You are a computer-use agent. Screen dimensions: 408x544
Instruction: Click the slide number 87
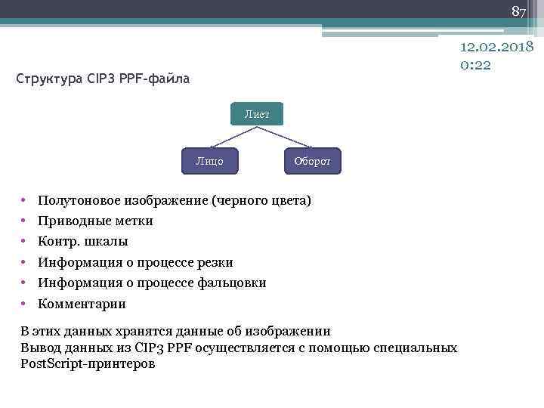pos(518,12)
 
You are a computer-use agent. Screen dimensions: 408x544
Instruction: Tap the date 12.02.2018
pos(497,48)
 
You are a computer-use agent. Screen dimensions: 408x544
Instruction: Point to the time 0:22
pos(475,65)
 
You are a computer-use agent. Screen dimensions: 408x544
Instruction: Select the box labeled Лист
pos(256,114)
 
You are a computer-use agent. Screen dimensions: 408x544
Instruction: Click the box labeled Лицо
pos(209,161)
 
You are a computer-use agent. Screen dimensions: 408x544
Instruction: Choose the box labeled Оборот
pos(312,162)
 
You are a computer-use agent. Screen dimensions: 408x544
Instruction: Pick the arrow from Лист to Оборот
pos(286,137)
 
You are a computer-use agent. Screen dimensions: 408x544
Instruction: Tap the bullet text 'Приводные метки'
pos(95,221)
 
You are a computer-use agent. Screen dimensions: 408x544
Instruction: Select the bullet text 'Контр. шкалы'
pos(83,242)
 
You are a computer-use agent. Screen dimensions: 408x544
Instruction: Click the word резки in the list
pos(214,263)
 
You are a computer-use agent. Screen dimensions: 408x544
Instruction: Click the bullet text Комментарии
pos(82,304)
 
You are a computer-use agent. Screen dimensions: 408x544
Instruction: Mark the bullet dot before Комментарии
pos(24,304)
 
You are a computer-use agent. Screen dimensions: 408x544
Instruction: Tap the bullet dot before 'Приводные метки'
pos(24,221)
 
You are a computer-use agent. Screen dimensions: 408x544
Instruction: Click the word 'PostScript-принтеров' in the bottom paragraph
pos(88,364)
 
